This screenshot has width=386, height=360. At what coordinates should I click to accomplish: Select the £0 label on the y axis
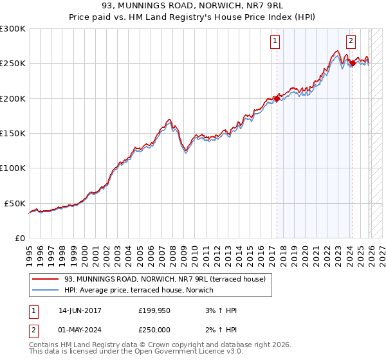tap(21, 238)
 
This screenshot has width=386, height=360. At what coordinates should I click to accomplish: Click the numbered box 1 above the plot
tap(275, 41)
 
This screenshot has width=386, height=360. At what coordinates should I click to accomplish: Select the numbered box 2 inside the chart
tap(351, 41)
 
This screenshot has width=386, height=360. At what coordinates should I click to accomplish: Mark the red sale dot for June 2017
tap(277, 98)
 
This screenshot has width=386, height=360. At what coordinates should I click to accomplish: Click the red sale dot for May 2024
tap(353, 63)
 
